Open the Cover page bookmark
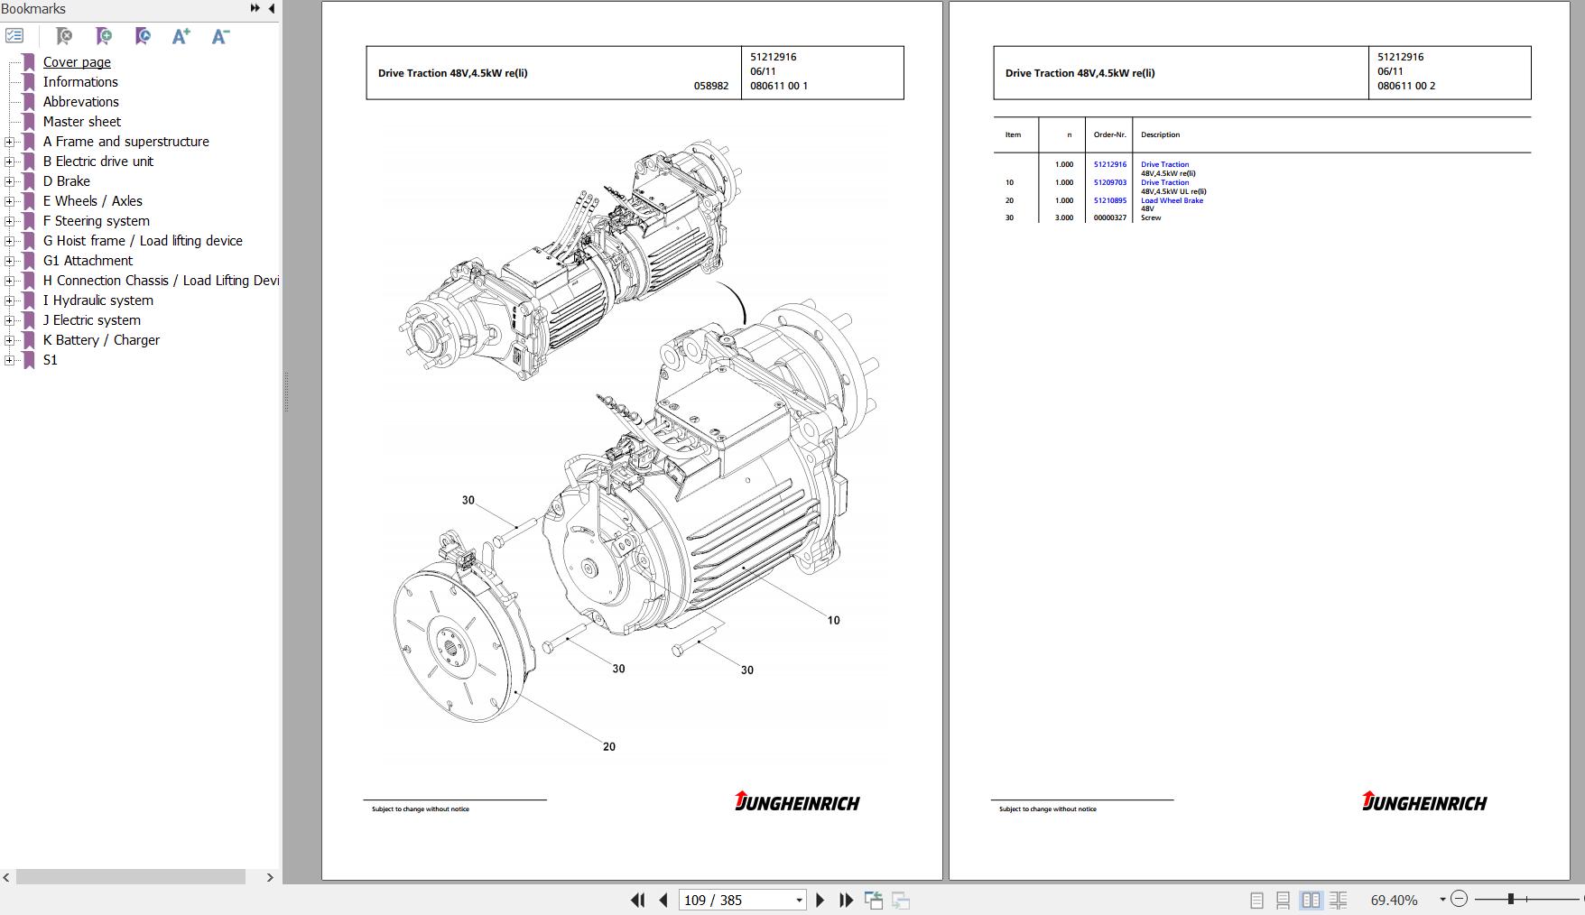77,62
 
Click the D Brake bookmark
66,181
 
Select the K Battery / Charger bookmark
101,340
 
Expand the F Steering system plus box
9,221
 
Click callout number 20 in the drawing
609,746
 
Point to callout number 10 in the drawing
833,620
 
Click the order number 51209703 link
1110,182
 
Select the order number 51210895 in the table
1110,200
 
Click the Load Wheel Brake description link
1172,200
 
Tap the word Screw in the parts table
1151,217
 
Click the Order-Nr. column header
1110,134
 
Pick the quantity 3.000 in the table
1064,217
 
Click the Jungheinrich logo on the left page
797,801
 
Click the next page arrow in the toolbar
820,900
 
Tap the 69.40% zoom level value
1394,900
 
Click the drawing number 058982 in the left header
711,86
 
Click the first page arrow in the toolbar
637,900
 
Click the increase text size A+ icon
181,36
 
